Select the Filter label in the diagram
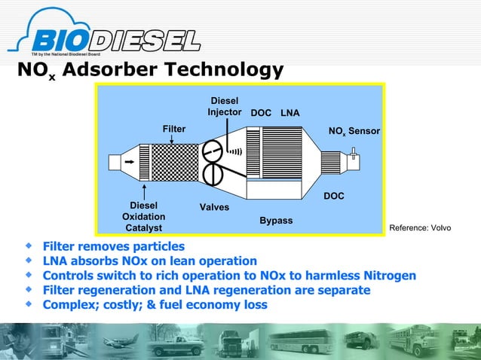(173, 130)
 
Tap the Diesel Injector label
(225, 107)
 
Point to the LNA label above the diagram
(290, 113)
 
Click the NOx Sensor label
(354, 132)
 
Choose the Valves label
(214, 206)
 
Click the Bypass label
(276, 221)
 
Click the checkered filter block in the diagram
(173, 163)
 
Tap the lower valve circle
(213, 174)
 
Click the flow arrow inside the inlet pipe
(130, 162)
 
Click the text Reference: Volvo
(420, 227)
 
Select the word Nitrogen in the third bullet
(385, 275)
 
